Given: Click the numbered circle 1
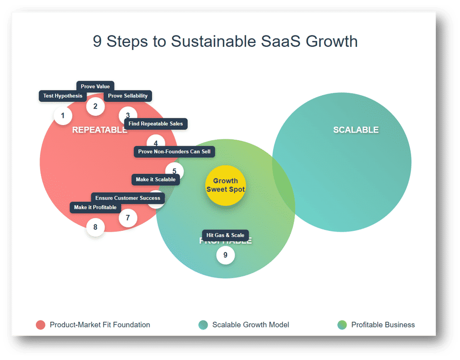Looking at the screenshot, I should (63, 116).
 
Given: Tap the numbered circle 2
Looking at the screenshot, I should (95, 106).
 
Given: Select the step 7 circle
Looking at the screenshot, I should (128, 217).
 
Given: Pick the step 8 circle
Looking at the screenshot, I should (95, 227).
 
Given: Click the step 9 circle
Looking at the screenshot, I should (225, 255).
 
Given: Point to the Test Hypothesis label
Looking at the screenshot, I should (63, 96).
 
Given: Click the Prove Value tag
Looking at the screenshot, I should (95, 86).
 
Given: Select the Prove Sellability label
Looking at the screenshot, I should (128, 96).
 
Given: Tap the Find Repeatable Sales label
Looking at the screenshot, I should (156, 124).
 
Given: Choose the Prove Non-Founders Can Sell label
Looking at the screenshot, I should (174, 151).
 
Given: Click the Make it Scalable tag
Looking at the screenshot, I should (156, 179).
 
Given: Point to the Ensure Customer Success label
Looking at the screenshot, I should (128, 198).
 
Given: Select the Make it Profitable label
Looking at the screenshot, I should (95, 207).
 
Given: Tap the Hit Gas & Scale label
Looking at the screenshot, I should (225, 235).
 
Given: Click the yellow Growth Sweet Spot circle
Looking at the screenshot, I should (225, 185).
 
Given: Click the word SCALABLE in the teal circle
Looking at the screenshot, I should (356, 130).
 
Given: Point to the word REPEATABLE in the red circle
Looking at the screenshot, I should (99, 130).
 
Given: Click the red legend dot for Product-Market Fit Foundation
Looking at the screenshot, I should (40, 325).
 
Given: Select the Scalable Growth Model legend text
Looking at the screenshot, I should (250, 325).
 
